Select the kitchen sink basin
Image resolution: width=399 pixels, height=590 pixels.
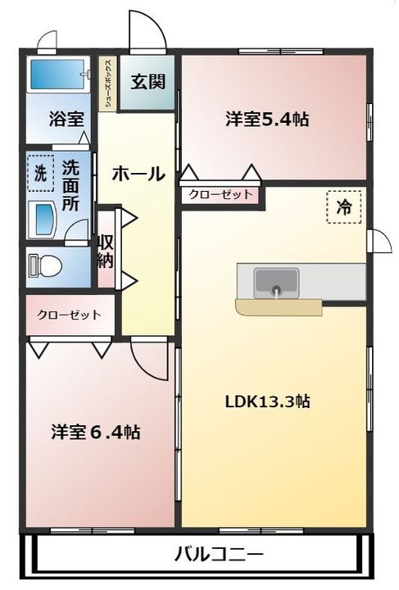277,282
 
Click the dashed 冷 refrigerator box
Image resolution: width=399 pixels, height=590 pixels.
344,207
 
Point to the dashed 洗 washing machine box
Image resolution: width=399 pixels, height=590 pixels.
41,173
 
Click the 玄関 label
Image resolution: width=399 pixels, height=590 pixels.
148,82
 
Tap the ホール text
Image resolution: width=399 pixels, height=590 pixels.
138,175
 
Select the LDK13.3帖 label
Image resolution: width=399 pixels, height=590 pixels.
267,402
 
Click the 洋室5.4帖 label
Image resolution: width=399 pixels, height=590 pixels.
267,120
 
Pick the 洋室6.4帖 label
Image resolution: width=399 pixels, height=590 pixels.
96,433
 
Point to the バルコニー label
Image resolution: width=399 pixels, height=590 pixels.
220,554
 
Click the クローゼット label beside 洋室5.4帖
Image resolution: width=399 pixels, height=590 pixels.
220,194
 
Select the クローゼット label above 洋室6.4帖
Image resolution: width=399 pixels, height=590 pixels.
69,314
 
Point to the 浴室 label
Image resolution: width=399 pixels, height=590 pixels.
66,119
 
